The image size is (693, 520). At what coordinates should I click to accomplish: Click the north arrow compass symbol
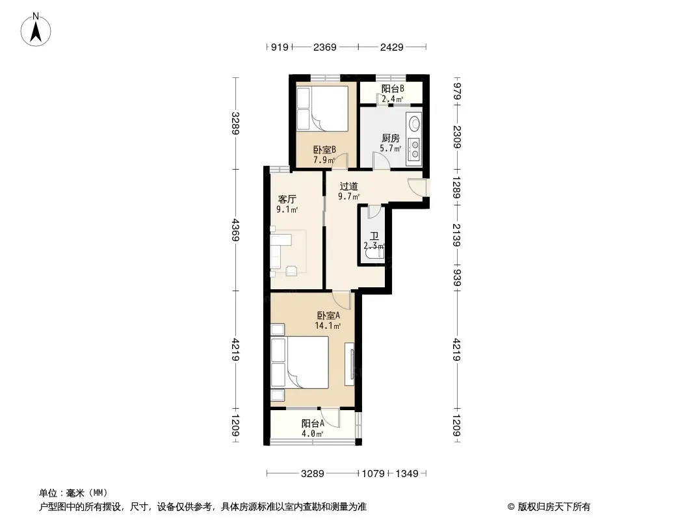pos(36,30)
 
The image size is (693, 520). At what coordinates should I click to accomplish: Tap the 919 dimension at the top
pos(280,47)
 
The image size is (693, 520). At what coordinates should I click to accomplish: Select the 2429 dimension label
pos(392,47)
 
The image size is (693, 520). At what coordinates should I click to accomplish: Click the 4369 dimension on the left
pos(235,229)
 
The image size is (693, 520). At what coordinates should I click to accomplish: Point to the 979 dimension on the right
pos(457,92)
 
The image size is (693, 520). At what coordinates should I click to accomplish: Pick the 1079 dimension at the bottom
pos(373,474)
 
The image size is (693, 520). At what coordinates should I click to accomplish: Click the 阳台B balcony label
pos(393,88)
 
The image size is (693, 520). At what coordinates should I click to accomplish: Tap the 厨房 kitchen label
pos(391,138)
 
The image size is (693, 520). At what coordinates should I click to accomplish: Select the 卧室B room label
pos(324,149)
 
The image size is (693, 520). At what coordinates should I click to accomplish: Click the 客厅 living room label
pos(287,200)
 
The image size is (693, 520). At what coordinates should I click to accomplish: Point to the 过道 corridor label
pos(348,187)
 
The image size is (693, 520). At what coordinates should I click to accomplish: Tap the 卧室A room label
pos(328,315)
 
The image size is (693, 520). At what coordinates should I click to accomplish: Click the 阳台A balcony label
pos(313,423)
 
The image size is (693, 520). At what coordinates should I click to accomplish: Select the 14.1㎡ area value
pos(328,326)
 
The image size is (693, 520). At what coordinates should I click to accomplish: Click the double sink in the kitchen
pos(415,149)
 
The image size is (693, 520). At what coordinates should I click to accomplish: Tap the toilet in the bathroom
pos(375,253)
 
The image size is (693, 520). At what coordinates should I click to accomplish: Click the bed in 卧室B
pos(322,109)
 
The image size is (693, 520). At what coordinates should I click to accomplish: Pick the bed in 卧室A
pos(300,362)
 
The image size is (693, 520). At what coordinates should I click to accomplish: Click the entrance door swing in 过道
pos(417,187)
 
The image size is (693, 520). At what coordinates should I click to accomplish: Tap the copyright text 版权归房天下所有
pos(554,507)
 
